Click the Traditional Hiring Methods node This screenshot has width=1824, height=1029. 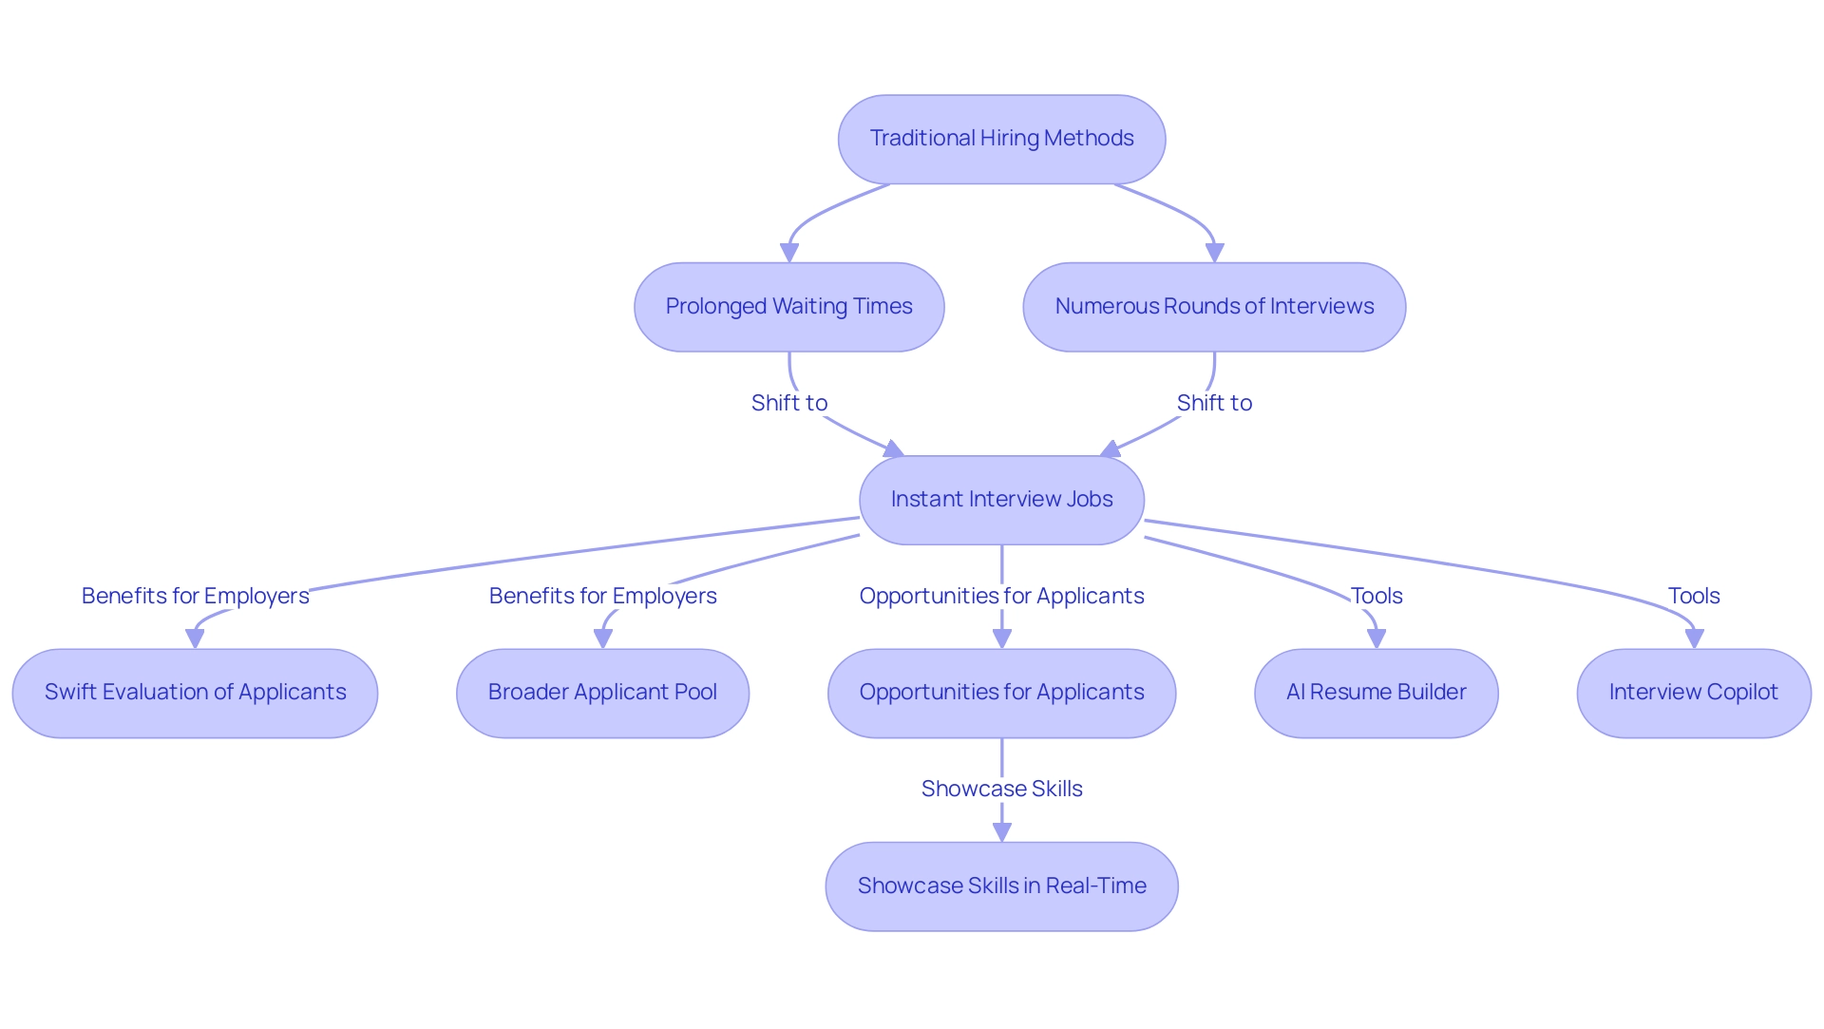pos(1001,139)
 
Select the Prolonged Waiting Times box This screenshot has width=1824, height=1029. pos(788,307)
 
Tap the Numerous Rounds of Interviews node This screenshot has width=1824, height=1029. pos(1214,307)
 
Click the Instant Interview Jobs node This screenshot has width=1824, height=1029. pos(1001,500)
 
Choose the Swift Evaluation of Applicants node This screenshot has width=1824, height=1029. pos(195,693)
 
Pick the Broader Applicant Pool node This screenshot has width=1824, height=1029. pos(602,693)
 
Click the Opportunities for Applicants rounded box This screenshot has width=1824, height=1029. pos(1001,693)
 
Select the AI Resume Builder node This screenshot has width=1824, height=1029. pos(1376,693)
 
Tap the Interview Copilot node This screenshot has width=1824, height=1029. pos(1693,693)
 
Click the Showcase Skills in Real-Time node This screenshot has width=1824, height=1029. pos(1001,886)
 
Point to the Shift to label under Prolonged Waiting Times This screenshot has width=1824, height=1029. pos(788,403)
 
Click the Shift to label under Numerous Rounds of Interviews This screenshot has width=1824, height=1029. pos(1214,403)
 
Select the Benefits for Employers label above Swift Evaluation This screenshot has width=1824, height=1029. pos(195,596)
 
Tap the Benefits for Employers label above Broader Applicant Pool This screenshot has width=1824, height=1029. pos(602,596)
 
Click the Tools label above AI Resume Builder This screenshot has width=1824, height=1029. pos(1376,596)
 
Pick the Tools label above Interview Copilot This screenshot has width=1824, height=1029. pos(1693,596)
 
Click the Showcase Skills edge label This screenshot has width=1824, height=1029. pos(1001,789)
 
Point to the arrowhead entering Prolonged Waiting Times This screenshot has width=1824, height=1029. pos(788,253)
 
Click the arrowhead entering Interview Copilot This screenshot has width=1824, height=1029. pos(1693,639)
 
